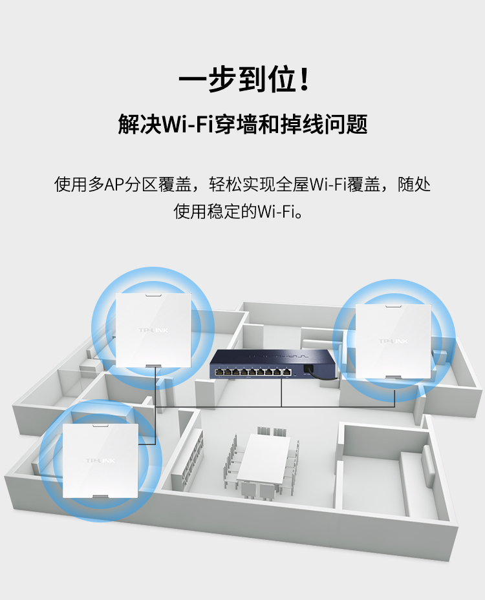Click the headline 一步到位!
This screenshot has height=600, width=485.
coord(244,79)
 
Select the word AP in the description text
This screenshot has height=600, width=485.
coord(114,185)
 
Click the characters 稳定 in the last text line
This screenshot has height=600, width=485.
coord(224,211)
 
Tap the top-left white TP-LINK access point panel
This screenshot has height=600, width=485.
coord(153,330)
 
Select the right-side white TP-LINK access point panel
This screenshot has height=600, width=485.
coord(393,341)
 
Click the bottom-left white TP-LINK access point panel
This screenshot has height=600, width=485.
coord(100,460)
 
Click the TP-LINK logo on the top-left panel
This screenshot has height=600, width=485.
coord(153,330)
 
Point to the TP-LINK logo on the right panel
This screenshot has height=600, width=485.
coord(393,341)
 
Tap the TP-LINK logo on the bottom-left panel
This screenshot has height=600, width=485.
coord(100,460)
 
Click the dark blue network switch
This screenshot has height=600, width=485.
coord(272,364)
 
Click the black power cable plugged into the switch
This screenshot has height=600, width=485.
coord(320,375)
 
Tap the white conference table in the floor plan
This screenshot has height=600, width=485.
coord(264,459)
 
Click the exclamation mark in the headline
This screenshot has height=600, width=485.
coord(305,79)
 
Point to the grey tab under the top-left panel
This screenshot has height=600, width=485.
coord(153,366)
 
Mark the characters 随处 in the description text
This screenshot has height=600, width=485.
coord(414,185)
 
